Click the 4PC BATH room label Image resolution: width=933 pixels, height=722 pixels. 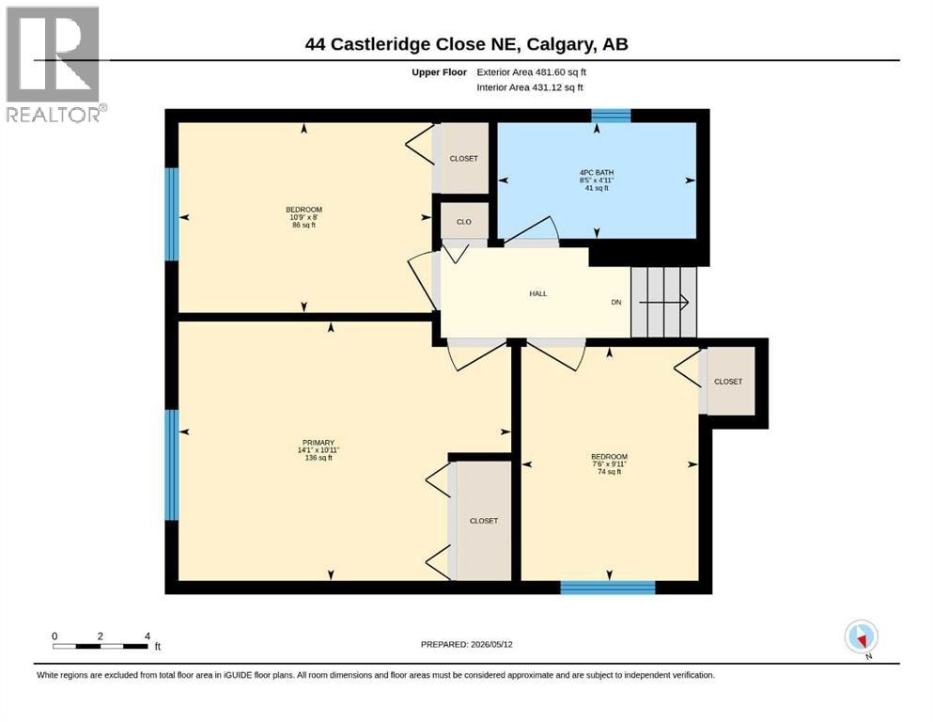(x=597, y=173)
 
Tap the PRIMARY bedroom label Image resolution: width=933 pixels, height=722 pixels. (x=319, y=443)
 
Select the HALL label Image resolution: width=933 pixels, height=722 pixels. (x=537, y=293)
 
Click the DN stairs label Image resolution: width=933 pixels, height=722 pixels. (x=615, y=303)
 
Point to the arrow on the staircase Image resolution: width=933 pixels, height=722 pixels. (x=663, y=303)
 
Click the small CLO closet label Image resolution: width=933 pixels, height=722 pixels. (x=464, y=222)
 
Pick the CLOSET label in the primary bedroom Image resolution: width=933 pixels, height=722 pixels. (x=484, y=521)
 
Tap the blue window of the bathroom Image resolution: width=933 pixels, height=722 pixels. (x=611, y=116)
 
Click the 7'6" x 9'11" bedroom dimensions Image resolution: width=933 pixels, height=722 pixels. (x=609, y=464)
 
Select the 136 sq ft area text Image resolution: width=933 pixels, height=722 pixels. (x=319, y=458)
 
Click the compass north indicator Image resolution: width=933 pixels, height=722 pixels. (x=861, y=637)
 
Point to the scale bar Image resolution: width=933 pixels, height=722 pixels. (x=101, y=646)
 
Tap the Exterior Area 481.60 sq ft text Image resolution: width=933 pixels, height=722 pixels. (x=532, y=72)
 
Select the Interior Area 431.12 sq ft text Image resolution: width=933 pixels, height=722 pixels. (x=530, y=87)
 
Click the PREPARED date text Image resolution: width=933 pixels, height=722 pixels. (x=466, y=644)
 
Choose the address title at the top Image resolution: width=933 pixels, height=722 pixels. (x=466, y=44)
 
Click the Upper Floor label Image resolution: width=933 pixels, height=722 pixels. (x=439, y=72)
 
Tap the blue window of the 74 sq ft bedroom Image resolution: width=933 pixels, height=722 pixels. (x=608, y=588)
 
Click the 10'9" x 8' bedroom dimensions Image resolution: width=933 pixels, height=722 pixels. (x=304, y=217)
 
